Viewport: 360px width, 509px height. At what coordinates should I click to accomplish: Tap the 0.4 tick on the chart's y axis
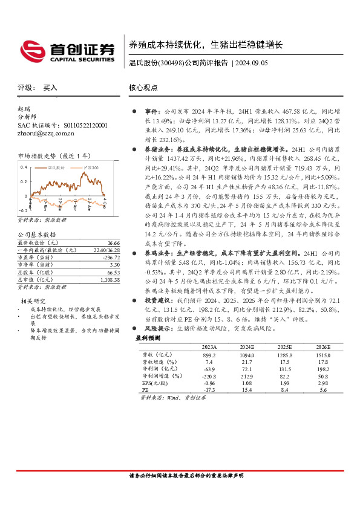[24, 166]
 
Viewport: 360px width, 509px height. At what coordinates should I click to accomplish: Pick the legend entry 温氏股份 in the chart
[56, 167]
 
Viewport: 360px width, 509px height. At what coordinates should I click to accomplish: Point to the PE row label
[145, 391]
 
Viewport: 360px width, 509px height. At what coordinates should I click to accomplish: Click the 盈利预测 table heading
[148, 339]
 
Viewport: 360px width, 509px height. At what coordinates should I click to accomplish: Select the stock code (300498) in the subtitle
[171, 63]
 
